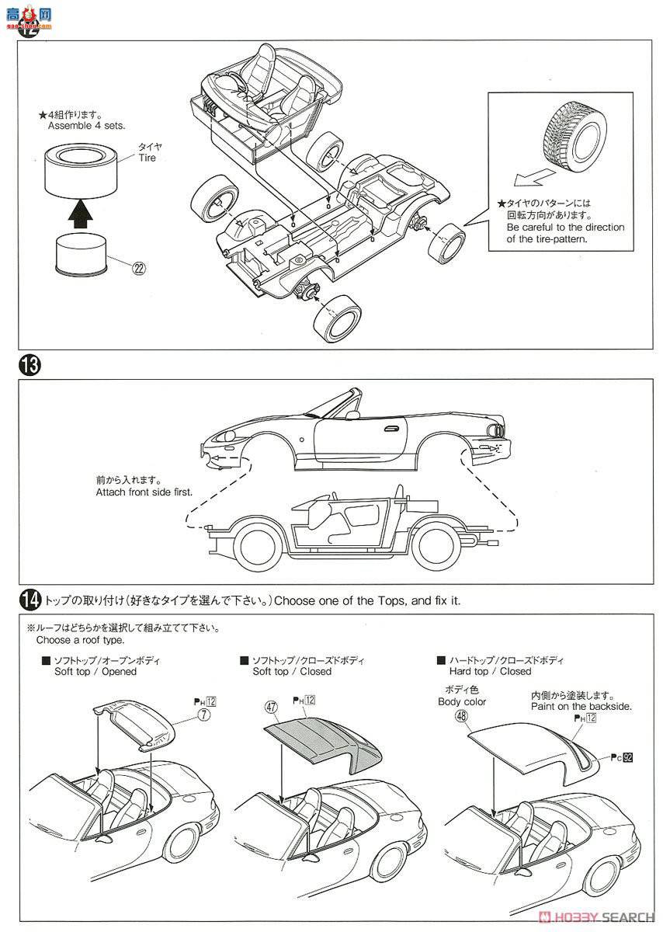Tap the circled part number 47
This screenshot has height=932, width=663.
[x=271, y=708]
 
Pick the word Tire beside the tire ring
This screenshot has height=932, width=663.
[x=147, y=158]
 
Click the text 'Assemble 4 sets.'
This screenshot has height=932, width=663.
[x=87, y=125]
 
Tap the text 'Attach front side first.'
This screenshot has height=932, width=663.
[x=144, y=492]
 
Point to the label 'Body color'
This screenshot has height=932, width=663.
[x=461, y=702]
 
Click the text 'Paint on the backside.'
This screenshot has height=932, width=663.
[x=581, y=707]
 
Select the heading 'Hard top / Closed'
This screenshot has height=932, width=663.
[x=489, y=671]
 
